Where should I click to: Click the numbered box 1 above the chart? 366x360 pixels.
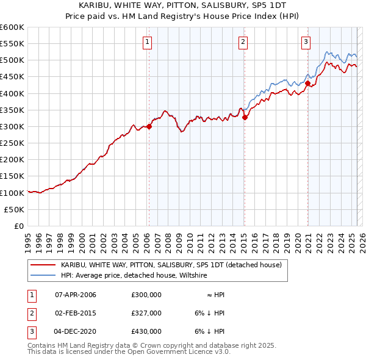tap(148, 42)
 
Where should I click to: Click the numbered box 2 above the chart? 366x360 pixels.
tap(243, 42)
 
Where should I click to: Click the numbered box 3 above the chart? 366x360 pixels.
tap(306, 42)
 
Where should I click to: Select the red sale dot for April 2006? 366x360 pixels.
tap(149, 127)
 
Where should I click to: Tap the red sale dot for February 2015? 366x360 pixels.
tap(245, 118)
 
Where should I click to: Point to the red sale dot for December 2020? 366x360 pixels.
tap(308, 84)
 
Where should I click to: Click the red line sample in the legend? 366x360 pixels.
tap(43, 265)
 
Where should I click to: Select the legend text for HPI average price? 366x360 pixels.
tap(134, 275)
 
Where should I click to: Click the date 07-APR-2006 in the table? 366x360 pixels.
tap(76, 295)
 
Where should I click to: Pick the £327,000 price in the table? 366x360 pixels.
tap(146, 313)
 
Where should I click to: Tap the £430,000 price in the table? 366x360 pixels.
tap(146, 331)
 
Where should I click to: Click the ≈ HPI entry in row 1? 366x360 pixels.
tap(215, 295)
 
